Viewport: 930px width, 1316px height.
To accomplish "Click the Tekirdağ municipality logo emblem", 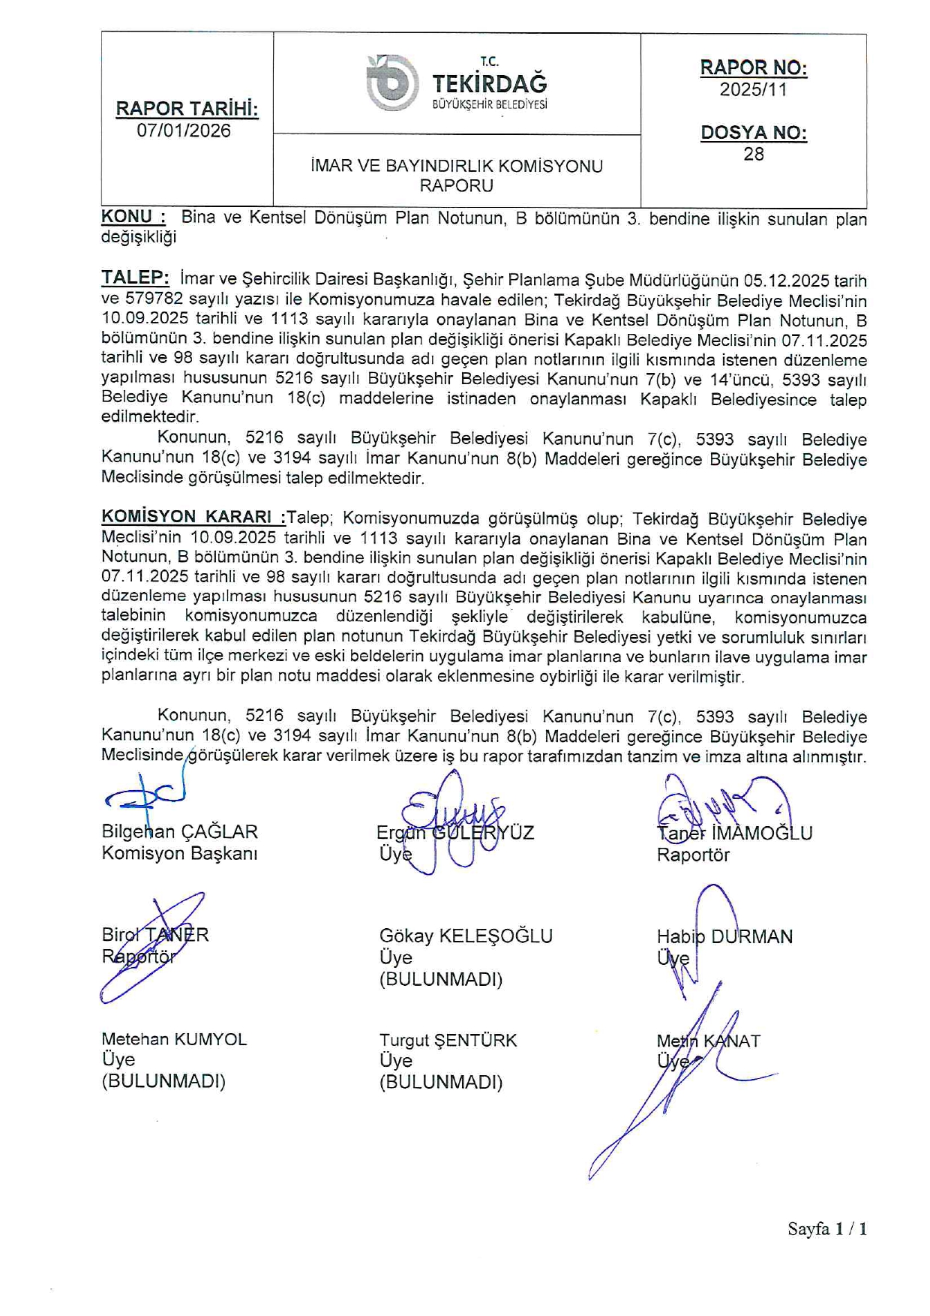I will click(x=391, y=83).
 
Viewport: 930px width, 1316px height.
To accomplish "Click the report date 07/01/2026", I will click(x=184, y=131).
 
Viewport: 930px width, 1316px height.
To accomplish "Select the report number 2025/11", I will click(x=753, y=89).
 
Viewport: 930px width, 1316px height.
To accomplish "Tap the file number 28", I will click(x=753, y=154).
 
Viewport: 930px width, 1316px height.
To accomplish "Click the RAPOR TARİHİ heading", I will click(x=187, y=109).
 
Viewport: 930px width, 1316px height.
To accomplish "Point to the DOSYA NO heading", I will click(x=753, y=133).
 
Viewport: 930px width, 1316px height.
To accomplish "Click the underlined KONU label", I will click(x=133, y=217).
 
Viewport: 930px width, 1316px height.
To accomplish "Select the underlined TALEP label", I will click(x=135, y=278).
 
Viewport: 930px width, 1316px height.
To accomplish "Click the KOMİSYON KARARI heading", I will click(x=193, y=517).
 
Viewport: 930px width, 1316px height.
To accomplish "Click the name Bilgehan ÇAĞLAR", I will click(x=179, y=831).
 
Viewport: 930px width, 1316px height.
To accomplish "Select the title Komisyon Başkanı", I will click(x=179, y=853).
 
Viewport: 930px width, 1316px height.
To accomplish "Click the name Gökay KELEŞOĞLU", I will click(x=466, y=936).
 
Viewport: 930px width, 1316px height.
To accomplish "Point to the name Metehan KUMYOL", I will click(x=174, y=1039).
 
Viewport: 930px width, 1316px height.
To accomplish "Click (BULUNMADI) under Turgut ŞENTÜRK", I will click(x=441, y=1082).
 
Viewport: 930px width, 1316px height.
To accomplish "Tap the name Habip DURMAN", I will click(x=724, y=936).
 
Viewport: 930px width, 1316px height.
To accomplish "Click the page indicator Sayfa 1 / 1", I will click(x=826, y=1228).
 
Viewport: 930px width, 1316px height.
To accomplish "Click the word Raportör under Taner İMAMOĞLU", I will click(x=693, y=855).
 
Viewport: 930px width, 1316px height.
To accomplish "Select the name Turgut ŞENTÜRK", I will click(x=448, y=1040).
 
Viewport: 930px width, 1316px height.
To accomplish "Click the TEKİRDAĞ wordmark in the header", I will click(x=490, y=83).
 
